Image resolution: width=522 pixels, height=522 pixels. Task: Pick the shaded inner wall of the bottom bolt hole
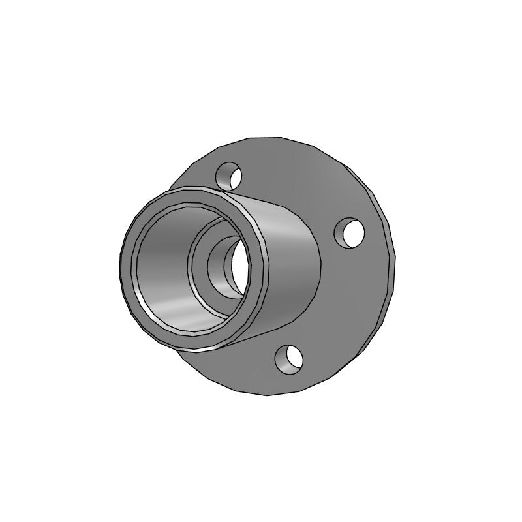(283, 357)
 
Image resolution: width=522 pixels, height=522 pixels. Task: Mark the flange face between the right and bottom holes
(346, 307)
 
